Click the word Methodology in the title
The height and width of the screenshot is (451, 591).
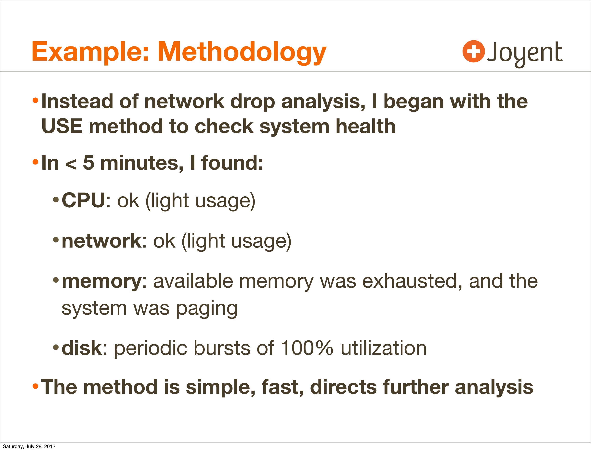coord(242,53)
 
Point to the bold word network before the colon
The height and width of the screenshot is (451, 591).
coord(101,241)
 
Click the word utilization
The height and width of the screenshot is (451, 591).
coord(384,348)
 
